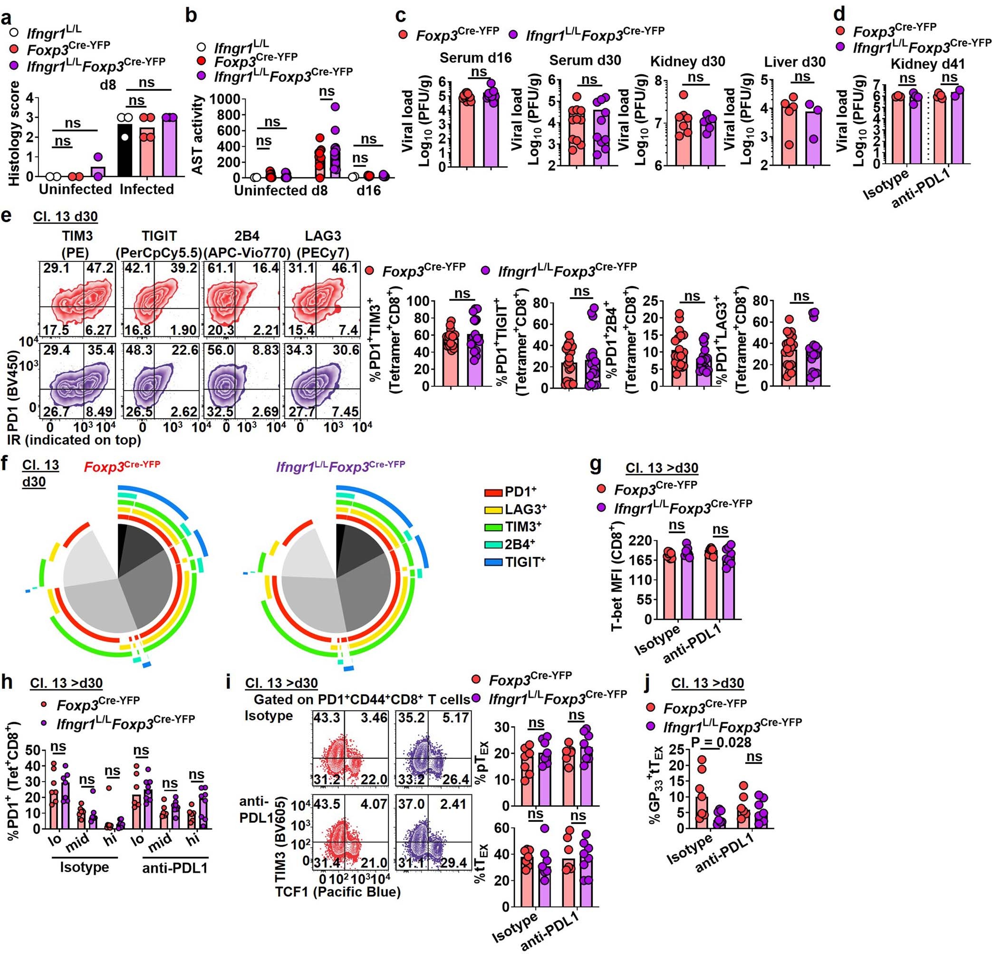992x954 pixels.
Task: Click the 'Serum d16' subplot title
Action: [x=475, y=57]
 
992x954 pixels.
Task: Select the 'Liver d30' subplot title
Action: [x=795, y=62]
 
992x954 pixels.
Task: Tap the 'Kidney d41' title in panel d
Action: [x=927, y=64]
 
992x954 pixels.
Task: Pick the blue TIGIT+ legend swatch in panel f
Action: [x=493, y=562]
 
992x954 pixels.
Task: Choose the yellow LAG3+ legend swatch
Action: [x=493, y=509]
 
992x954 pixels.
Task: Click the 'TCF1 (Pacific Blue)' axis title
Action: [x=337, y=891]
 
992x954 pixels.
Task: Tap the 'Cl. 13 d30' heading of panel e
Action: [x=65, y=217]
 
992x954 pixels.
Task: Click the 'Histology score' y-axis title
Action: [x=14, y=133]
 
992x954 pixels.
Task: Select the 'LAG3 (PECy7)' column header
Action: [x=323, y=243]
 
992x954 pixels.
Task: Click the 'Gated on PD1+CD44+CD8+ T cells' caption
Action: [x=361, y=699]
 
